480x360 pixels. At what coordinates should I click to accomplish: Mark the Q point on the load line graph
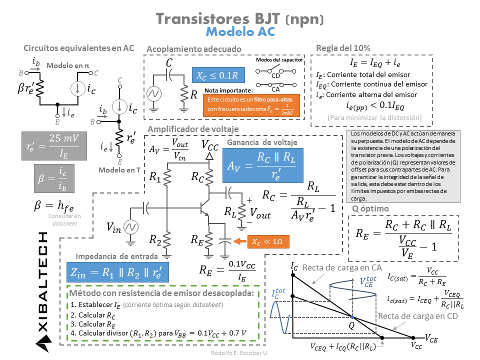[352, 317]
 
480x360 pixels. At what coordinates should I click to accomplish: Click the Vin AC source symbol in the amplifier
[131, 227]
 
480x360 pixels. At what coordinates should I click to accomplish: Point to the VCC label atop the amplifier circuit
[210, 144]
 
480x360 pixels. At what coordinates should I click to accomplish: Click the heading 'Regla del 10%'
[343, 48]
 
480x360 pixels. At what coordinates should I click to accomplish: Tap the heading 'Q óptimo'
[370, 208]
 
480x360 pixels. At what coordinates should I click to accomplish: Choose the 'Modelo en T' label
[119, 170]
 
